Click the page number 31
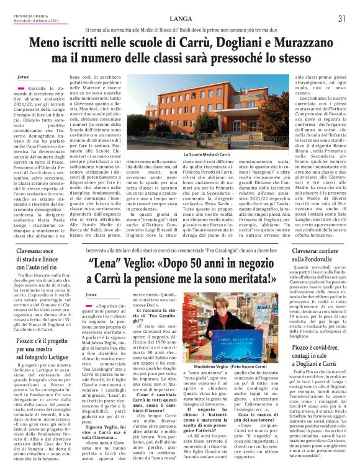pos(341,19)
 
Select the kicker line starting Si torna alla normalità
pos(179,29)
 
